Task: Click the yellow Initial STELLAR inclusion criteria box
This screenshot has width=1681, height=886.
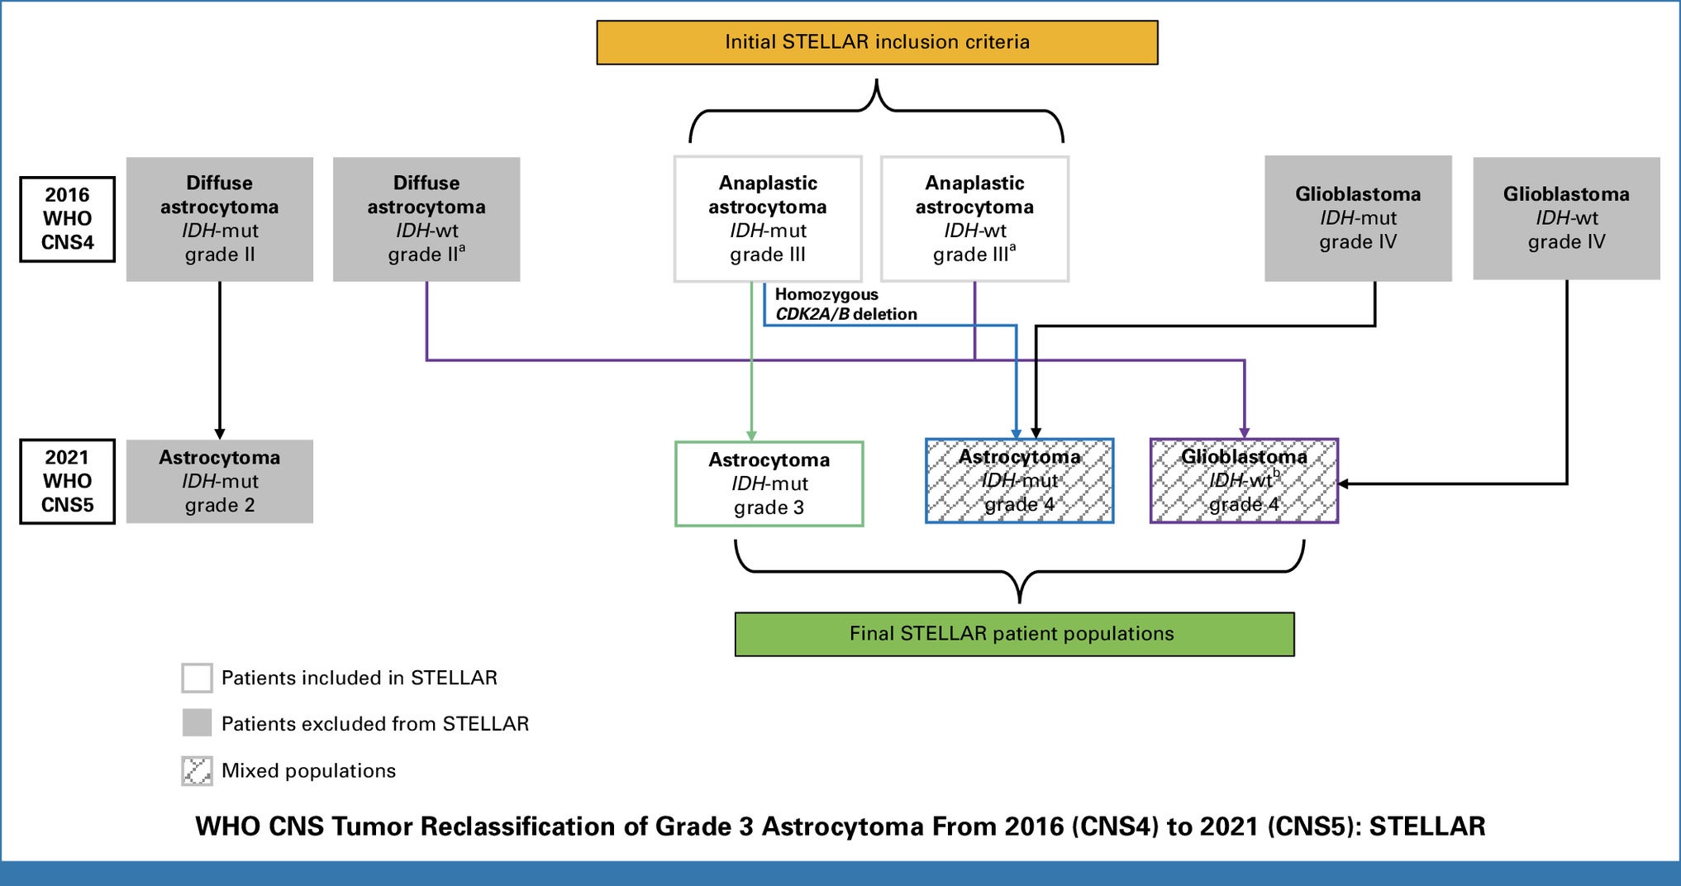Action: coord(877,42)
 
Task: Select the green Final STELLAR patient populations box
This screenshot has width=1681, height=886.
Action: coord(1014,634)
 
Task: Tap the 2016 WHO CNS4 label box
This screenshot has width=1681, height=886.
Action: coord(67,219)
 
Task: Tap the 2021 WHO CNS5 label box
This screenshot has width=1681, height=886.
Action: coord(67,481)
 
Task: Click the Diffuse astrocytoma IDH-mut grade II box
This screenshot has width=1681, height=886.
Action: coord(220,219)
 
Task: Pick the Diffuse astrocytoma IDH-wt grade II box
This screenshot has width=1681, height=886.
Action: coord(426,219)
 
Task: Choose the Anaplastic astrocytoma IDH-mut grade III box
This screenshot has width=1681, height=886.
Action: coord(768,219)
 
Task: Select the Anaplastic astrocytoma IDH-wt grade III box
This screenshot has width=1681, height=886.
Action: coord(974,219)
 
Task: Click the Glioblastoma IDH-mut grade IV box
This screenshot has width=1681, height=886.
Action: coord(1358,218)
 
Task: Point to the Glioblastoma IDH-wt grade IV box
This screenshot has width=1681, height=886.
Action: coord(1566,218)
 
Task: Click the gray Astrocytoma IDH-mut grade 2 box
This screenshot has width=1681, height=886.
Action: coord(220,481)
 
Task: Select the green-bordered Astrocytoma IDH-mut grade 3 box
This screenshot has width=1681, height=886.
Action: coord(769,483)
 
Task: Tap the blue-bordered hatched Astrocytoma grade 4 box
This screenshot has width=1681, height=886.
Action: coord(1019,480)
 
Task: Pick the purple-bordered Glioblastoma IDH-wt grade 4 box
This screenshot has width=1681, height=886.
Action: coord(1244,480)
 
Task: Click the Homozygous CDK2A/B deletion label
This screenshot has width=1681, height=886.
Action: coord(845,304)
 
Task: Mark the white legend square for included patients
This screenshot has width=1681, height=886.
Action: coord(197,678)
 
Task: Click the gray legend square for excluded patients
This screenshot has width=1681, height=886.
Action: coord(197,723)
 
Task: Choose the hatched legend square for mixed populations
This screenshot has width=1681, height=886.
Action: coord(197,770)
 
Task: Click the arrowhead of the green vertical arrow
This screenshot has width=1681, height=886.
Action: coord(751,436)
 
